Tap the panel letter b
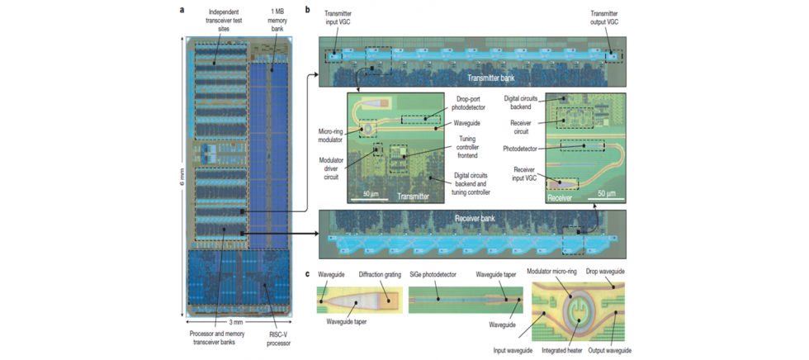pos(307,9)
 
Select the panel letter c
pos(308,274)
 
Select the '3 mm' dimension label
pos(235,322)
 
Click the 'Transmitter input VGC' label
pos(342,17)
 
